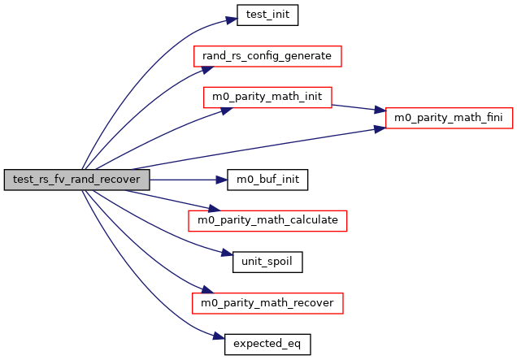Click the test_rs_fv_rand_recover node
76,180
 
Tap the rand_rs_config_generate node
267,56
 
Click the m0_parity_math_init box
267,97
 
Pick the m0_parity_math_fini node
448,118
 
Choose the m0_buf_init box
267,180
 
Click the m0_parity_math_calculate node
267,220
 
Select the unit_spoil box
267,262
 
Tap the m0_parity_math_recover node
267,303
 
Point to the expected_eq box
267,344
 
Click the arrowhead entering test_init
231,16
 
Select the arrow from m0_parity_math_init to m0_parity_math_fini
358,107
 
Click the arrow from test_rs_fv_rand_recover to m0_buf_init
188,180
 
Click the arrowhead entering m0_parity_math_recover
196,292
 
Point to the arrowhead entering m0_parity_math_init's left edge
198,106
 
